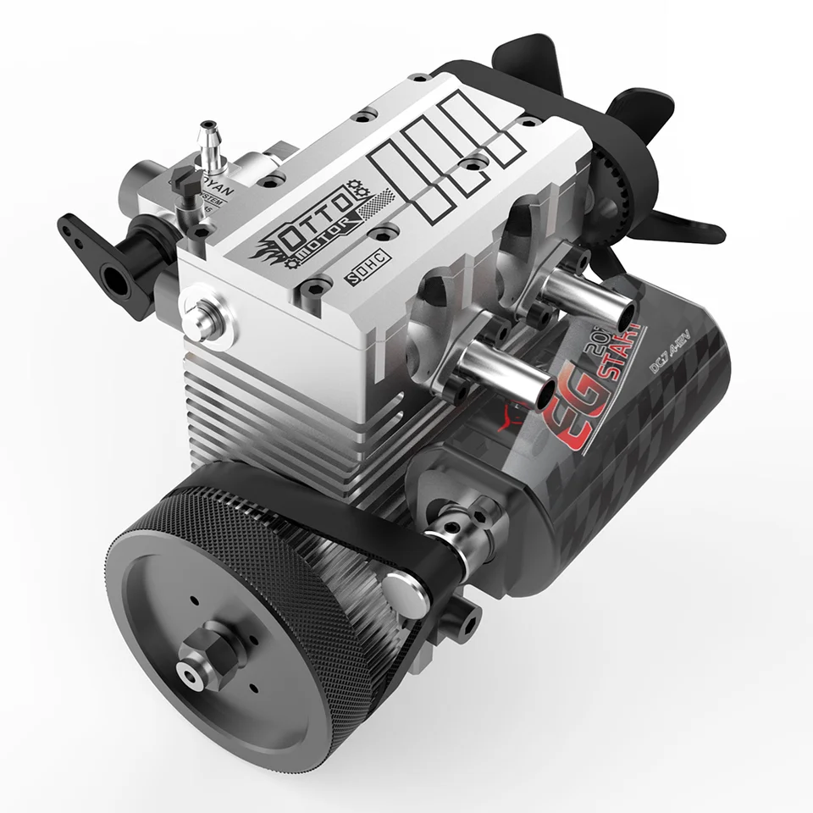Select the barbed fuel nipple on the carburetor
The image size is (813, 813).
point(207,140)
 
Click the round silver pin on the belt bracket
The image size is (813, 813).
point(404,595)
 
